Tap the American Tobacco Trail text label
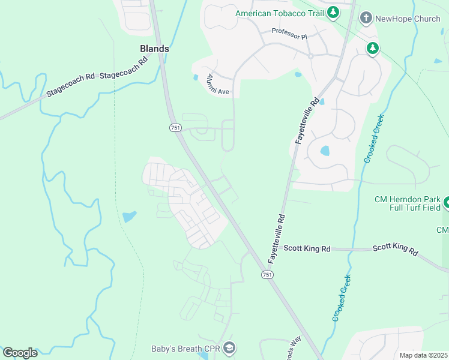(x=279, y=13)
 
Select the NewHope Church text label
(x=408, y=19)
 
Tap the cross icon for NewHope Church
(x=366, y=19)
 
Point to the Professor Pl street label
(x=289, y=34)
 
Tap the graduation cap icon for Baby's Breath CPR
(x=229, y=348)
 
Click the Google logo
(x=20, y=353)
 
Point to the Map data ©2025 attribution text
(x=424, y=355)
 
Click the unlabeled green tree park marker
(x=373, y=48)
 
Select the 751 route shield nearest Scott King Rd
(x=267, y=274)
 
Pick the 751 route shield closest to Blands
(x=175, y=128)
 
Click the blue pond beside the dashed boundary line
(x=129, y=216)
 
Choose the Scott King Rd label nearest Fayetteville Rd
(x=307, y=248)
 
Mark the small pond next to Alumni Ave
(x=196, y=77)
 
